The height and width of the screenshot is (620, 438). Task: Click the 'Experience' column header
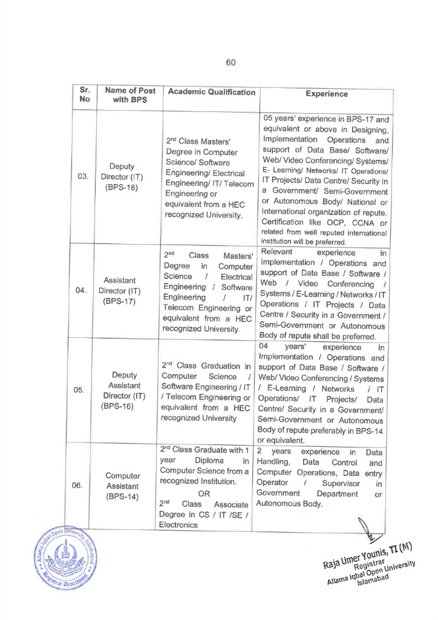coord(327,94)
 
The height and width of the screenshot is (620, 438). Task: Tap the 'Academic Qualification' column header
coord(211,92)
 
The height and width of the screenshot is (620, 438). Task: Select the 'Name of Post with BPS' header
coord(130,95)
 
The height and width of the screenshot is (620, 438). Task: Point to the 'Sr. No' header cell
coord(84,95)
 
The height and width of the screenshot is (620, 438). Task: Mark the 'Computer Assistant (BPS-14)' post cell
coord(122,486)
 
